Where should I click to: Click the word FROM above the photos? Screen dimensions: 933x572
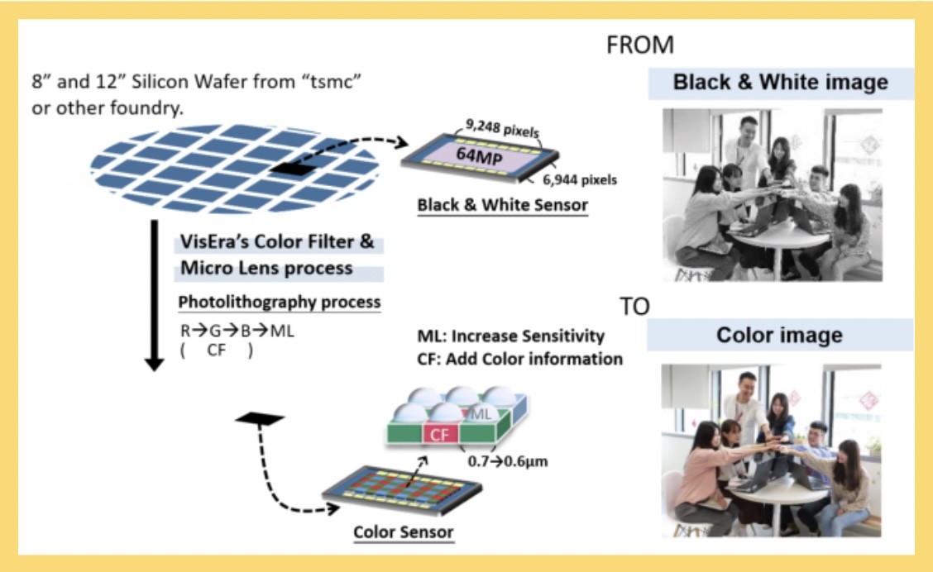(639, 45)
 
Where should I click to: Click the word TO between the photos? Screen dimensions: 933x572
(634, 306)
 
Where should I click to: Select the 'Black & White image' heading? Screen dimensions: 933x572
(780, 82)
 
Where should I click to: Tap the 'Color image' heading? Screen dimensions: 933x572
(779, 335)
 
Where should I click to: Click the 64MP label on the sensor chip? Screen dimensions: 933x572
(479, 155)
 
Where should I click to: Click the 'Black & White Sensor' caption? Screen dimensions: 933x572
(502, 204)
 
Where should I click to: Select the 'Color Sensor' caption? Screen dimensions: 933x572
(403, 531)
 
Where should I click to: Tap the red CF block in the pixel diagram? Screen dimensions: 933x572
(440, 434)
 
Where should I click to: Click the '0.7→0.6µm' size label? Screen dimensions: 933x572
(508, 461)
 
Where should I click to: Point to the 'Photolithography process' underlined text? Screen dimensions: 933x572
(279, 302)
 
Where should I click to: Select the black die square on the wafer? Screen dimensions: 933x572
(292, 169)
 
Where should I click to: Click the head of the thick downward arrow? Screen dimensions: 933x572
(154, 364)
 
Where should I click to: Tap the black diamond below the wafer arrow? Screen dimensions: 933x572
(260, 418)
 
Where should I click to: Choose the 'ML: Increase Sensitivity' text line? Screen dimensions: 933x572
(510, 336)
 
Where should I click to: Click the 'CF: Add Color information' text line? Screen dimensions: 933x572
(519, 359)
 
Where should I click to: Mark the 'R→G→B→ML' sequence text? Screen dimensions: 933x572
(237, 331)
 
